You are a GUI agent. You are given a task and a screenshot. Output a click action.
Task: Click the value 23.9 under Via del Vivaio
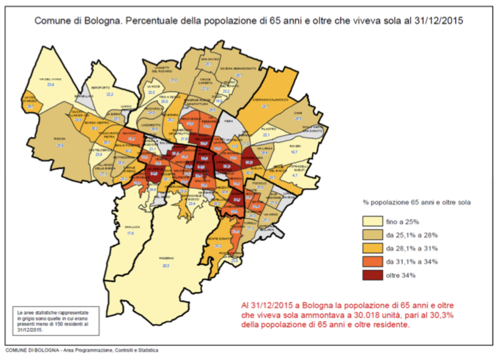coord(51,86)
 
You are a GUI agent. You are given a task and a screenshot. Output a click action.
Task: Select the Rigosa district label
coord(59,139)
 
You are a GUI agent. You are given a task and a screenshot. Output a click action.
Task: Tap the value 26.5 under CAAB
coord(297,119)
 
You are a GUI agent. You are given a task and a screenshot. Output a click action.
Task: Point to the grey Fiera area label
coord(230,122)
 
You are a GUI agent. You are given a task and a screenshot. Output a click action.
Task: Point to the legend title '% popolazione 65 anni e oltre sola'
coord(417,201)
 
